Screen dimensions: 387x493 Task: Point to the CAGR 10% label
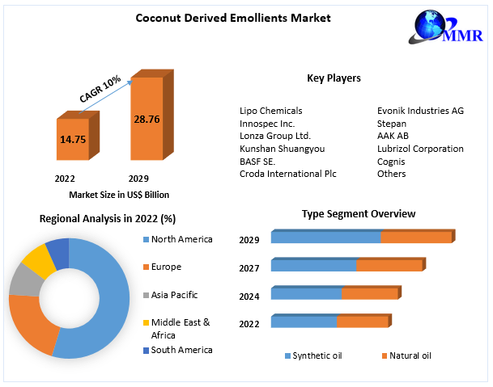(100, 88)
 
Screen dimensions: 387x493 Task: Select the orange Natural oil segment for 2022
(362, 322)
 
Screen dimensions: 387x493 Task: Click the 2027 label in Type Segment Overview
(249, 268)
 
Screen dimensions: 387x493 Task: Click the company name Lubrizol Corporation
(420, 149)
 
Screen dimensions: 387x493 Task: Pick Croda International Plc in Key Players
(287, 174)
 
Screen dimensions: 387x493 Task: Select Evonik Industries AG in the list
(420, 111)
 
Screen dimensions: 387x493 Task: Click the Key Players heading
(334, 78)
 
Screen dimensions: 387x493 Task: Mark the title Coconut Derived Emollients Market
(233, 18)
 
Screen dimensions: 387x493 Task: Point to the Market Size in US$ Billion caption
(119, 195)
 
